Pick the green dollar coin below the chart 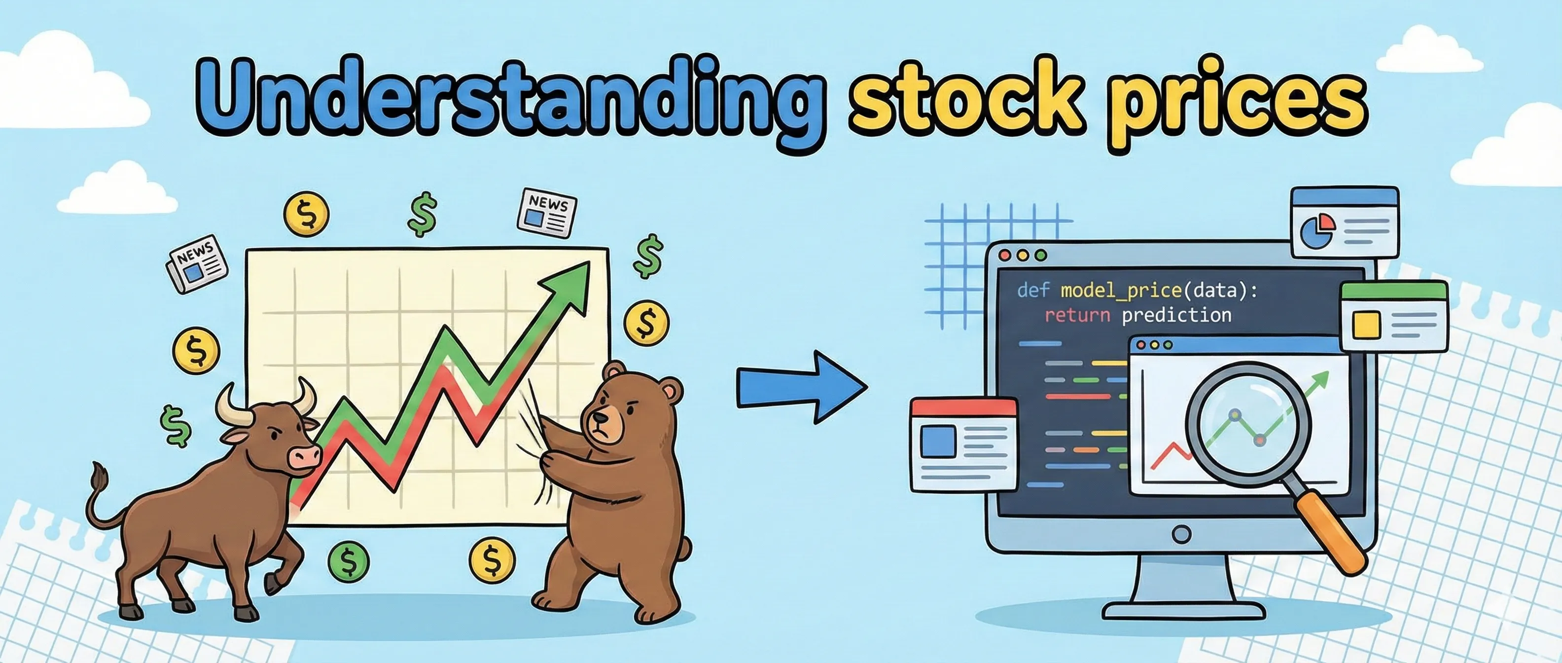pyautogui.click(x=349, y=561)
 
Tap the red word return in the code pyautogui.click(x=1077, y=315)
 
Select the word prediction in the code pyautogui.click(x=1176, y=315)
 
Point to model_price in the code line pyautogui.click(x=1121, y=291)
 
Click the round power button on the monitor pyautogui.click(x=1181, y=534)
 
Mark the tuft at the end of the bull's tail pyautogui.click(x=98, y=476)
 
